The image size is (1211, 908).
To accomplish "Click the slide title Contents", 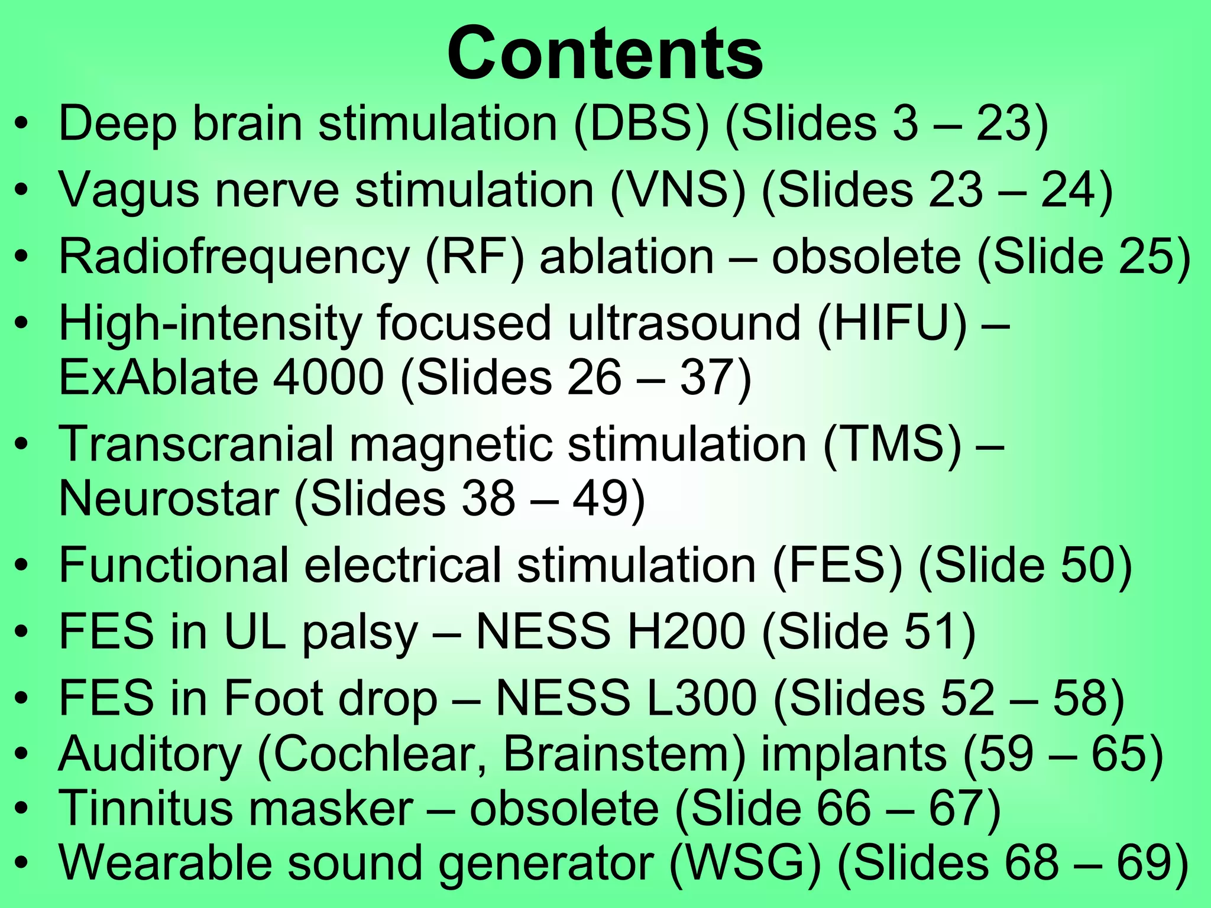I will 605,54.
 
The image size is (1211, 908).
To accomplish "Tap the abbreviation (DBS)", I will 641,124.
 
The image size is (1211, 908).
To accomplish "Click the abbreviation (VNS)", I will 678,190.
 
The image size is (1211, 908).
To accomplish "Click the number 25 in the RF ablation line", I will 1143,257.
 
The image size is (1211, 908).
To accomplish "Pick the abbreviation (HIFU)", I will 892,323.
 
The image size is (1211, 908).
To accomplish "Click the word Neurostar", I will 169,498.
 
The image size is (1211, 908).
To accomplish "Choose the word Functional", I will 174,565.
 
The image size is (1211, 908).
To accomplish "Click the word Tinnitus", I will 146,808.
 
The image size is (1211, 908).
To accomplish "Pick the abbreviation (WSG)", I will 745,862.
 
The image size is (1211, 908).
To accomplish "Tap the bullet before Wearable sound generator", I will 22,864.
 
